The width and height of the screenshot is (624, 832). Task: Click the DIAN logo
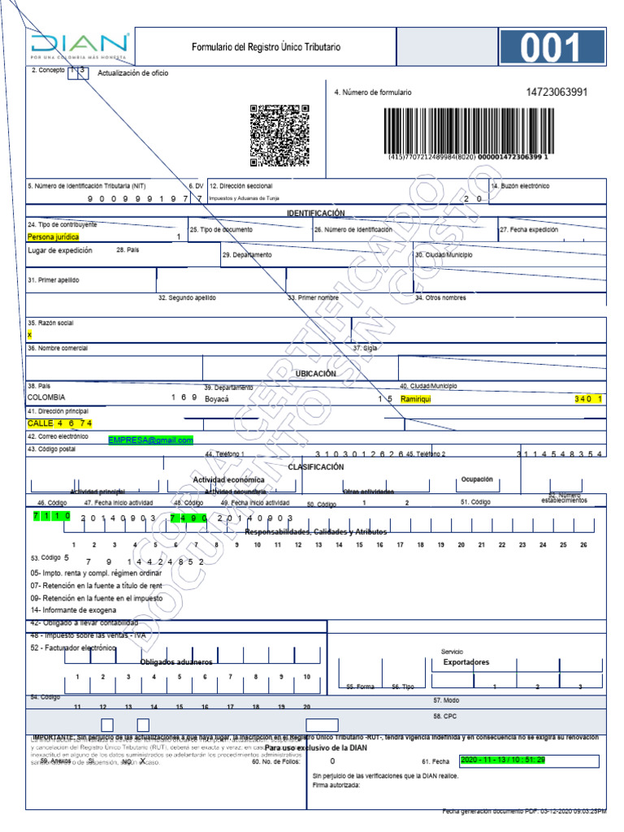(x=80, y=47)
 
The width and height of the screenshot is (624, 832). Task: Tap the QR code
(x=279, y=135)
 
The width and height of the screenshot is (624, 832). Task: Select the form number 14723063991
(x=557, y=92)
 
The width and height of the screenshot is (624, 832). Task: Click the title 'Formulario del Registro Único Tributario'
(x=266, y=47)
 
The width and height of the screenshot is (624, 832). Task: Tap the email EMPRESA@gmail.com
(x=151, y=440)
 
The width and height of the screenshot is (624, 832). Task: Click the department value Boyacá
(x=217, y=399)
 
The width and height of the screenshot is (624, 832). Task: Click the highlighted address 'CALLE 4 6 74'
(x=60, y=423)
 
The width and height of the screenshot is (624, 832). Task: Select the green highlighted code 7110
(x=52, y=517)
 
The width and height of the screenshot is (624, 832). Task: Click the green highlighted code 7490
(x=188, y=517)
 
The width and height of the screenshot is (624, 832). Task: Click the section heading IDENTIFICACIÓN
(x=315, y=213)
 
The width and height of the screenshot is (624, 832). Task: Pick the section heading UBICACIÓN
(x=315, y=374)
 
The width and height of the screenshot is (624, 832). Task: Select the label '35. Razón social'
(x=50, y=323)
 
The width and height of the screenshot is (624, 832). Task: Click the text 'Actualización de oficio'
(x=133, y=73)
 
